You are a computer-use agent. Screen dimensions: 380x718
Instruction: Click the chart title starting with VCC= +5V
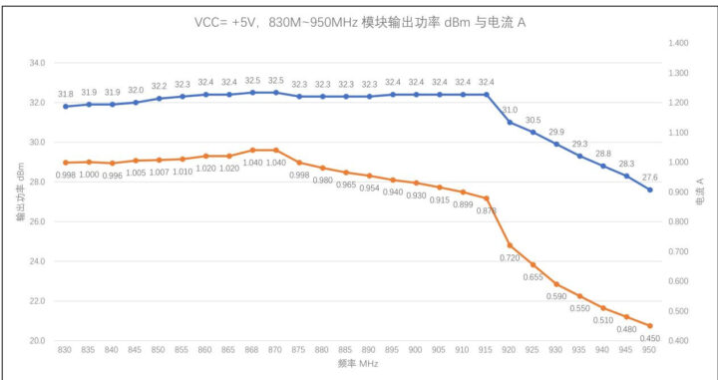(x=359, y=21)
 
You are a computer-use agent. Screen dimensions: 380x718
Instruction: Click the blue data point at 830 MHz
(x=65, y=106)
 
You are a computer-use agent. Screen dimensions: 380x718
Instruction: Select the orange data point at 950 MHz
(x=650, y=326)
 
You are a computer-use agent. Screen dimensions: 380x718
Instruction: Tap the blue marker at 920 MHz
(x=510, y=122)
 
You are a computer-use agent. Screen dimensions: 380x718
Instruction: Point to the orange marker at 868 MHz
(x=252, y=150)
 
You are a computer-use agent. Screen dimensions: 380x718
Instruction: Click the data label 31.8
(x=65, y=92)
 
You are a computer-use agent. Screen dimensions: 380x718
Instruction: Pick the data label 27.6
(x=650, y=176)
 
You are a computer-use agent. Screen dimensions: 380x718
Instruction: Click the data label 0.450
(x=650, y=339)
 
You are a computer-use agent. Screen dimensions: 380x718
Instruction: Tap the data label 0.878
(x=487, y=210)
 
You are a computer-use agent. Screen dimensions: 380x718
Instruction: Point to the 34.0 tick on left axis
(x=37, y=63)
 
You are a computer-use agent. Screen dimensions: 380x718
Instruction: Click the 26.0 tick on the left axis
(x=37, y=221)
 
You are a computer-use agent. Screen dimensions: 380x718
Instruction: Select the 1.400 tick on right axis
(x=678, y=44)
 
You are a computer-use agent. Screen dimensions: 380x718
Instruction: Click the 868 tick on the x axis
(x=252, y=350)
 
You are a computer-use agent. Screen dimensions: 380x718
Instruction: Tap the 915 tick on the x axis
(x=487, y=350)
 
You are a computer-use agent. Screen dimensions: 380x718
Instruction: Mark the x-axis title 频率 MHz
(x=358, y=366)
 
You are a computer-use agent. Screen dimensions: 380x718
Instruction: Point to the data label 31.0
(x=510, y=109)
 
